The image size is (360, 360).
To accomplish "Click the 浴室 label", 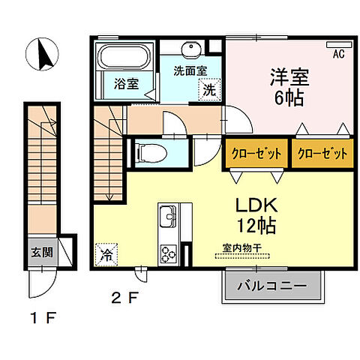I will click(x=125, y=83).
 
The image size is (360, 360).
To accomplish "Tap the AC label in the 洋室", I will click(x=338, y=53).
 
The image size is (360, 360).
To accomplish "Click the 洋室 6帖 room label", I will click(x=287, y=87).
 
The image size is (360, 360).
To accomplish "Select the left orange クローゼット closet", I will click(x=256, y=154).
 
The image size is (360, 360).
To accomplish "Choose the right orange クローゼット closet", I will click(x=322, y=154).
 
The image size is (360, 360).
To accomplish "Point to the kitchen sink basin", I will click(x=166, y=220).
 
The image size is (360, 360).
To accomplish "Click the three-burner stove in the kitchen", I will click(x=166, y=253).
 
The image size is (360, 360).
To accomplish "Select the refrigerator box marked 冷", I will click(x=106, y=253).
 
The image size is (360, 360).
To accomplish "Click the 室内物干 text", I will click(x=241, y=247).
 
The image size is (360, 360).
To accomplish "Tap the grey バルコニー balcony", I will click(x=272, y=286).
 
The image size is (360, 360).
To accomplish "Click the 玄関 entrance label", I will click(x=43, y=251).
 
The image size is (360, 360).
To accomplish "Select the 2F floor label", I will click(x=124, y=297).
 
